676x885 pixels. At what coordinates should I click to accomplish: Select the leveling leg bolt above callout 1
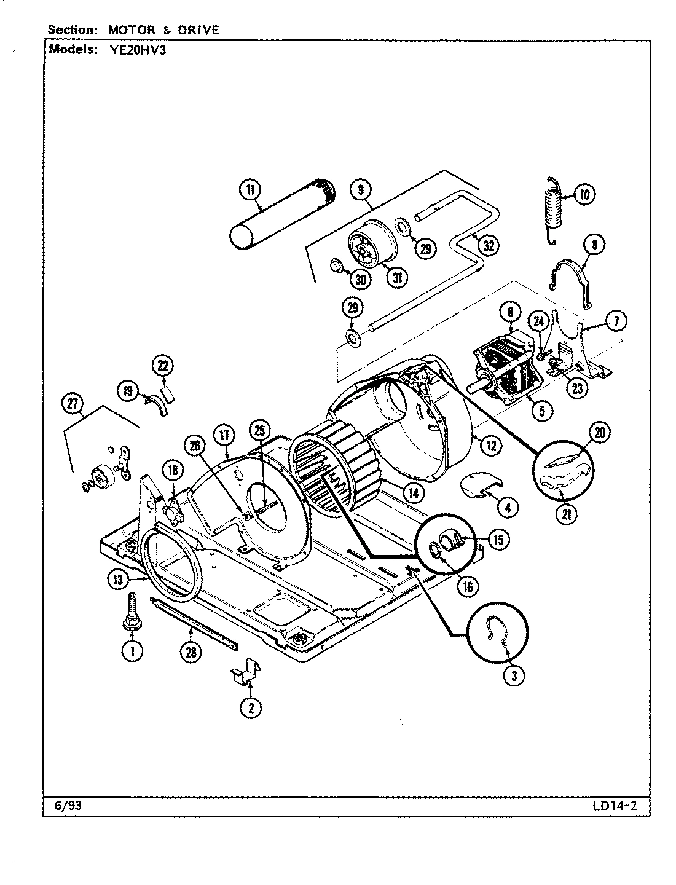click(130, 609)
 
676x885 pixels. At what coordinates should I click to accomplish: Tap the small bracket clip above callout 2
click(246, 671)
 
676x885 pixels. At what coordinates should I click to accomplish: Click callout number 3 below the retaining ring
click(514, 676)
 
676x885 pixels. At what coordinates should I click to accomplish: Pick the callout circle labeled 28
click(191, 653)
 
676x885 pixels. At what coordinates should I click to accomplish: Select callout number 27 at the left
click(73, 404)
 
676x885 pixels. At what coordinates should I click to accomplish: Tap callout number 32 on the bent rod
click(488, 246)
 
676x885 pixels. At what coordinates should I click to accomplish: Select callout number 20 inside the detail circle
click(599, 433)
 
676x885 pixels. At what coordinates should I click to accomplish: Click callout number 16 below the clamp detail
click(467, 586)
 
